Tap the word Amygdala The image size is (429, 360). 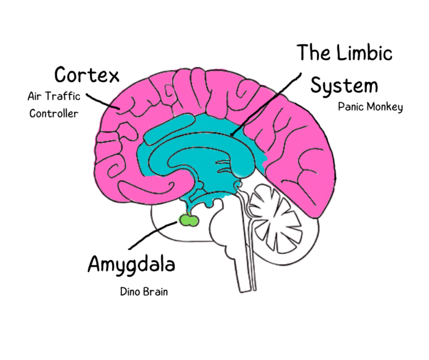pyautogui.click(x=131, y=264)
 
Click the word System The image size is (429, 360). pyautogui.click(x=344, y=86)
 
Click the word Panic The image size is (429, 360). pyautogui.click(x=350, y=107)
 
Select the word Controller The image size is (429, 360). pyautogui.click(x=54, y=113)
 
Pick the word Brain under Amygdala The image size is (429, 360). pyautogui.click(x=155, y=291)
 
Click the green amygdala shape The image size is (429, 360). pyautogui.click(x=189, y=221)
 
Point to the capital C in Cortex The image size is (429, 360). pyautogui.click(x=62, y=74)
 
